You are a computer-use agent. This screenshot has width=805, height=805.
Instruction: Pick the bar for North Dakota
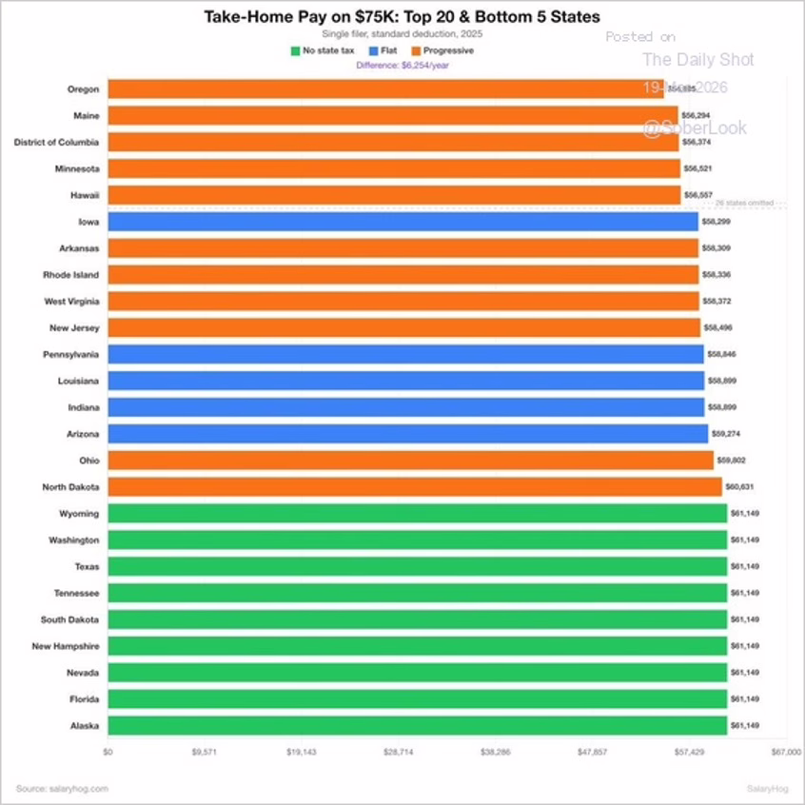(415, 487)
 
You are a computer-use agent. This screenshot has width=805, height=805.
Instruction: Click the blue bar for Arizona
(407, 434)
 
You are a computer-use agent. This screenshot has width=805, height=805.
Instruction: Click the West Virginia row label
(71, 302)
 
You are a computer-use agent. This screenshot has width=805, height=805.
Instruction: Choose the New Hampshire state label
(67, 646)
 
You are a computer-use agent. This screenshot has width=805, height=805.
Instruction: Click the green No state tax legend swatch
(295, 50)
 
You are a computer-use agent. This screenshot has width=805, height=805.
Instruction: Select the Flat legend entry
(383, 50)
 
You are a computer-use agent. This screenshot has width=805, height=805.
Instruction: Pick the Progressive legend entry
(442, 50)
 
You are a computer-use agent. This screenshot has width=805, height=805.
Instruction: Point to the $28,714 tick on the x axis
(398, 752)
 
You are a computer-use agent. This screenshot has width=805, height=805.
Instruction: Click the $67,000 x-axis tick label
(786, 752)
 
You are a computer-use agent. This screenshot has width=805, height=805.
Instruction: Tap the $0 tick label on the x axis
(108, 752)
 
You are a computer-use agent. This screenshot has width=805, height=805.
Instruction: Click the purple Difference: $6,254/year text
(402, 65)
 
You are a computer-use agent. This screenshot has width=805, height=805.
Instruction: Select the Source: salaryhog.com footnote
(62, 788)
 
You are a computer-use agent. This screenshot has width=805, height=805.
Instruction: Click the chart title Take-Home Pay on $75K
(402, 17)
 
